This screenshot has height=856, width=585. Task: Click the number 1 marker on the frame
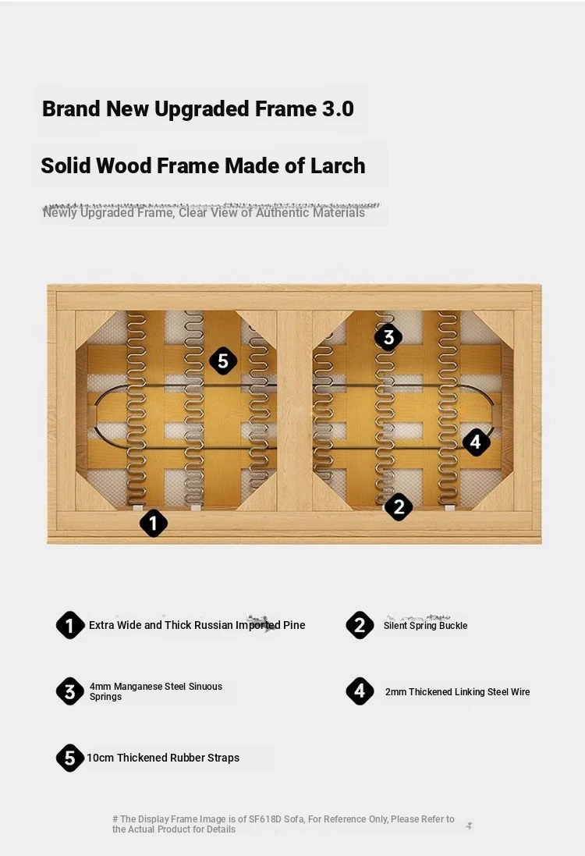pos(154,523)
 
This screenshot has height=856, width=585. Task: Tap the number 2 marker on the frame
pos(399,506)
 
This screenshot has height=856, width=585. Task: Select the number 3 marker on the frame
pos(388,337)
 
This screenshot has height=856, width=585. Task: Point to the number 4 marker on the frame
pos(476,441)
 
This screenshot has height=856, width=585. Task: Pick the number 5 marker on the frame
pos(223,361)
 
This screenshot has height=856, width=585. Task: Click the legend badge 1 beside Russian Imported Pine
pos(70,625)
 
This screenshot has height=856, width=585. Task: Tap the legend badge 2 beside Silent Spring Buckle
pos(360,625)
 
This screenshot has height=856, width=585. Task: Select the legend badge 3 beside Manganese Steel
pos(70,691)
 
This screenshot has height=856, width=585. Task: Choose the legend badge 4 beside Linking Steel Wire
pos(360,691)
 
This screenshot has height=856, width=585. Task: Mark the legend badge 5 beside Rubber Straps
pos(70,758)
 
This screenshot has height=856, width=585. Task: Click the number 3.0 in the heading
pos(338,108)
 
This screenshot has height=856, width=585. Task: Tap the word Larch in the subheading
pos(338,165)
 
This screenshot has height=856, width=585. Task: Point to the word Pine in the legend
pos(294,625)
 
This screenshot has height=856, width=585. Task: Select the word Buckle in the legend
pos(453,626)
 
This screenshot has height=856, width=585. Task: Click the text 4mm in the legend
pos(101,686)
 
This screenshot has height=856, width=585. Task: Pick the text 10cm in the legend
pos(101,758)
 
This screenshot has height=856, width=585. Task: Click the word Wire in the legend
pos(520,691)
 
